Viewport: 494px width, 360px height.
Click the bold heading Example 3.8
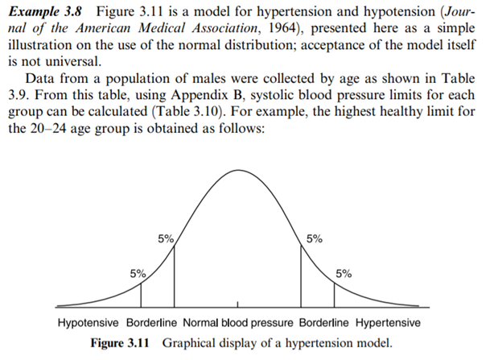42,12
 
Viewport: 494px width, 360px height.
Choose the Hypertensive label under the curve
389,322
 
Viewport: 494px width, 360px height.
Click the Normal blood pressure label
239,322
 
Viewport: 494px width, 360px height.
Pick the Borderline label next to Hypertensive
326,322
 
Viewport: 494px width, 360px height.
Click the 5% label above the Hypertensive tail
343,272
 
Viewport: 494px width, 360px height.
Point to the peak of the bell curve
238,171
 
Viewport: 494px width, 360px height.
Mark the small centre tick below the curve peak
238,309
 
